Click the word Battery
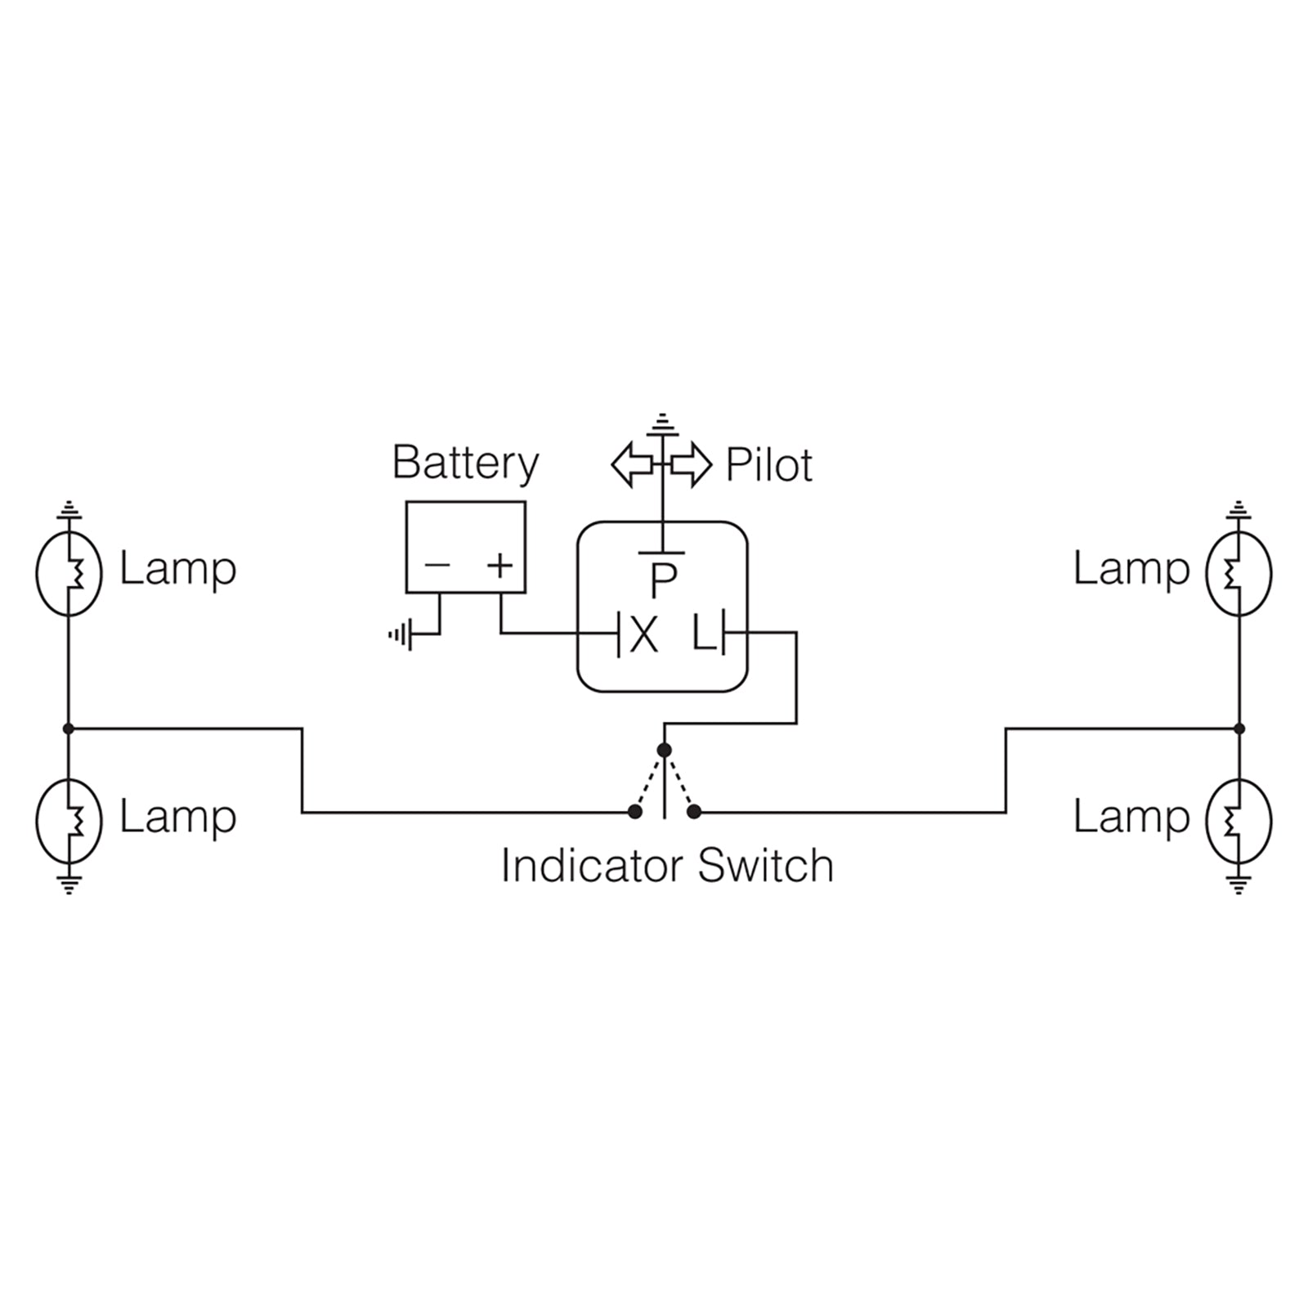click(x=465, y=464)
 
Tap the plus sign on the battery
click(x=499, y=565)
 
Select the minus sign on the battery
click(x=437, y=565)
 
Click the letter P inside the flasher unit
click(x=663, y=580)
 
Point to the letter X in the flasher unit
click(x=644, y=635)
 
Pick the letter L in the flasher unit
click(x=703, y=634)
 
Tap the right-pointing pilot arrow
click(x=692, y=464)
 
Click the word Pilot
click(x=768, y=466)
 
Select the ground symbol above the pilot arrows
click(x=662, y=424)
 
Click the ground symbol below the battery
click(x=401, y=634)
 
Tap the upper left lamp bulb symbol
click(x=69, y=573)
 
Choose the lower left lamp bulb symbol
click(x=69, y=820)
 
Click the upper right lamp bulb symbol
click(x=1239, y=573)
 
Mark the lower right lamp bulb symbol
click(x=1239, y=820)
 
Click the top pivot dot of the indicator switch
click(x=664, y=750)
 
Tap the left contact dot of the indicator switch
click(x=634, y=812)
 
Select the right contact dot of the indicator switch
click(x=694, y=812)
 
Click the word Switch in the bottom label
click(x=766, y=866)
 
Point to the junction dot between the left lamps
click(x=69, y=728)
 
